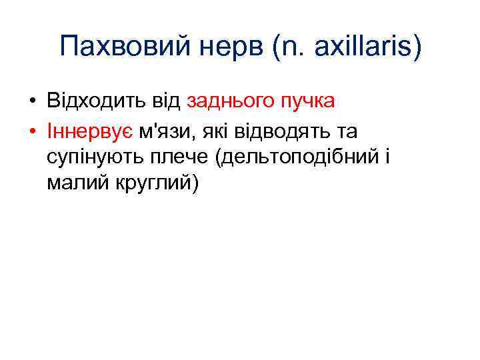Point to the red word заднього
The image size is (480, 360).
(229, 101)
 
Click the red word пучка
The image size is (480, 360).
(307, 101)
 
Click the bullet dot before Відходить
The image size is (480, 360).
(31, 102)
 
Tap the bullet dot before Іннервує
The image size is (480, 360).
(31, 132)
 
